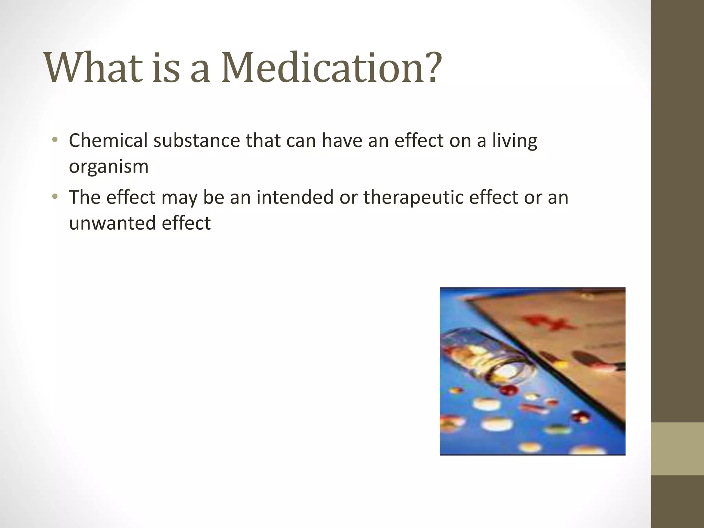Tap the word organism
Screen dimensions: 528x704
point(109,166)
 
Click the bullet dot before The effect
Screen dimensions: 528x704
point(55,197)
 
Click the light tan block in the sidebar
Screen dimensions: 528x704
point(678,449)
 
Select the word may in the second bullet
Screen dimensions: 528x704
point(179,198)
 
